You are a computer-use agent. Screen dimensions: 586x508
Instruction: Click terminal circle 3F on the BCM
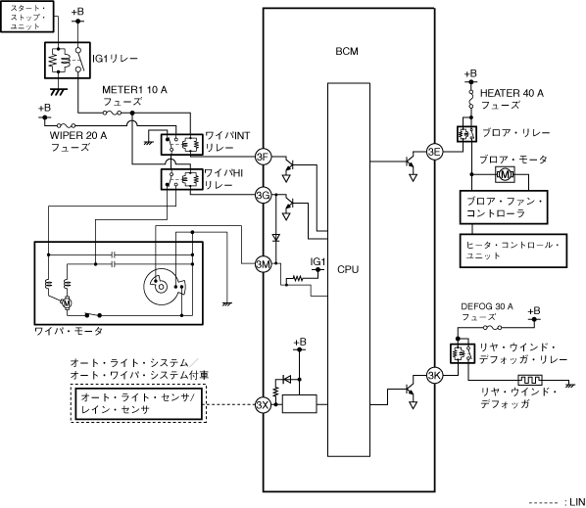coord(263,157)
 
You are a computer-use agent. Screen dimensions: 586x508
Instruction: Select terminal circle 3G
coord(263,195)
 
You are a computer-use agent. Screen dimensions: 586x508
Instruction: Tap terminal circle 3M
coord(263,264)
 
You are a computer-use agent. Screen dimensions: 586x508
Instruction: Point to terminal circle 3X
coord(263,404)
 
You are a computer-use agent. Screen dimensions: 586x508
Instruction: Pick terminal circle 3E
coord(435,152)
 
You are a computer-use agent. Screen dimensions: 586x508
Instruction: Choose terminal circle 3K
coord(435,376)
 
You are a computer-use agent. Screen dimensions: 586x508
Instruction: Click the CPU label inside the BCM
coord(348,269)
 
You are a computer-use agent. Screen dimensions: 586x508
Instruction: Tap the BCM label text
coord(347,51)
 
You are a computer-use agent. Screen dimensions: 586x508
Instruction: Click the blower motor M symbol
coord(505,174)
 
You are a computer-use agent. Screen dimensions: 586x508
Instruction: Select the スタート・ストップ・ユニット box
coord(26,17)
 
